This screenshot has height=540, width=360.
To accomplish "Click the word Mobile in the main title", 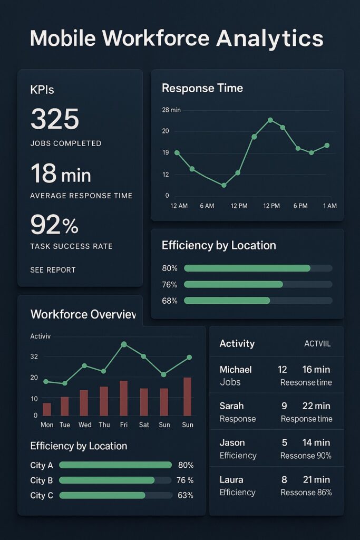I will coord(62,39).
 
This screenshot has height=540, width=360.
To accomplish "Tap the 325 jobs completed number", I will coord(55,119).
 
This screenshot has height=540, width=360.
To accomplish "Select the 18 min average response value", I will coord(61,173).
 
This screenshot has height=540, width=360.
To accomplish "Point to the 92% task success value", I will coord(54,225).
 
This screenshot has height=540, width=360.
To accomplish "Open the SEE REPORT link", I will coord(53,270).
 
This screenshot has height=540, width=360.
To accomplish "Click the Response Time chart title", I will coord(202,88).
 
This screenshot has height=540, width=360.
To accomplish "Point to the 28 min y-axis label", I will coord(171,110).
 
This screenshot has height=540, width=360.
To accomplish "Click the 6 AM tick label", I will coord(207,206).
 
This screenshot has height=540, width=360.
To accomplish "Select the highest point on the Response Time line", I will coord(270,120).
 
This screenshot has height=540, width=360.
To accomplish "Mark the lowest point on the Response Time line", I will coord(224,185).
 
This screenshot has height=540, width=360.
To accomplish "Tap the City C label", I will coord(42,496).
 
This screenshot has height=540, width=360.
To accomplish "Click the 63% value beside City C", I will coord(185,496).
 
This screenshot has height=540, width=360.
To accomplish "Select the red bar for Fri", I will coord(123,398).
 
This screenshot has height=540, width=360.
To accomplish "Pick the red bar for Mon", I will coord(47,409).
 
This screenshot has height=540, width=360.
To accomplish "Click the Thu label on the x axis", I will coord(104,425).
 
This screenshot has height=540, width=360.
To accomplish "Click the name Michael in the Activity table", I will coord(236,370).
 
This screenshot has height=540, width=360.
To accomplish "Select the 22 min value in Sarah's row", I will coord(316,406).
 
